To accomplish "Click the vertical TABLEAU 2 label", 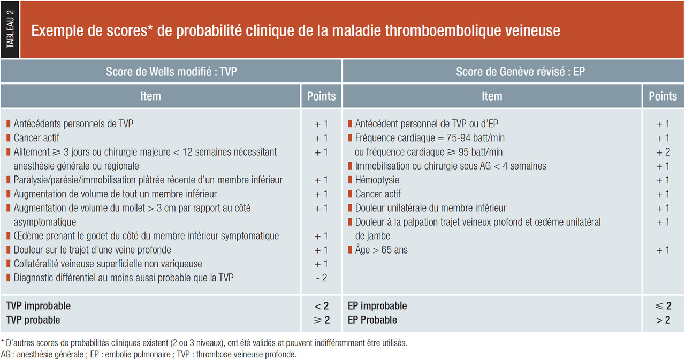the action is coord(10,29).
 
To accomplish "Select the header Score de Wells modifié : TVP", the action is coord(171,72).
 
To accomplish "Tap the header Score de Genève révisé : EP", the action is coord(520,72).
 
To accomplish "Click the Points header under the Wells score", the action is coord(321,96).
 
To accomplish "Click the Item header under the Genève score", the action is coord(492,96).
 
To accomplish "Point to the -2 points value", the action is coord(322,278).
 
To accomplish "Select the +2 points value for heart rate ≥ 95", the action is coord(663,152).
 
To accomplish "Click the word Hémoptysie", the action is coord(377,180).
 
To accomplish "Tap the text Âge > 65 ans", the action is coord(382,250).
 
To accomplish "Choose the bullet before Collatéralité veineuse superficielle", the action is coord(9,263).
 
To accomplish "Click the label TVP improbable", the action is coord(38,305).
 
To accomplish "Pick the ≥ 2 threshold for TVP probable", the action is coord(322,320).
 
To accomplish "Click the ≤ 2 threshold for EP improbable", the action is coord(663,306).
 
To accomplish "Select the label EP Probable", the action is coord(372,320).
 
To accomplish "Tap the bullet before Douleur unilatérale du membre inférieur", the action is coord(350,208).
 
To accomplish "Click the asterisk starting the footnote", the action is coord(3,342).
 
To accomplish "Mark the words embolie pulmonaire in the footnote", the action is coord(138,355).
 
